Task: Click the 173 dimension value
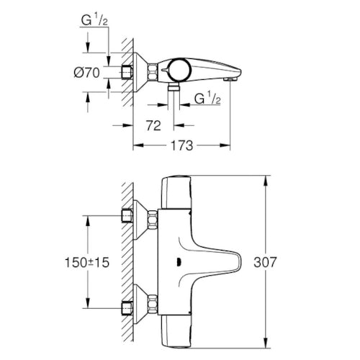pos(181,146)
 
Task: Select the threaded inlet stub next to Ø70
pos(129,72)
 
